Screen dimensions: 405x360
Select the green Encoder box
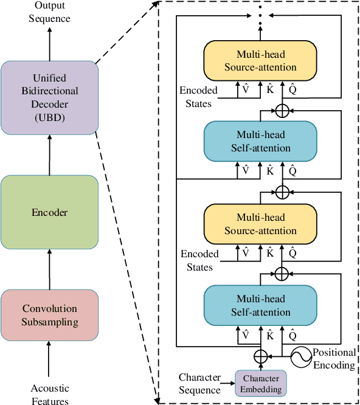49,212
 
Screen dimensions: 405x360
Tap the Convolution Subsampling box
49,316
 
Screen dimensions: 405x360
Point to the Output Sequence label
49,12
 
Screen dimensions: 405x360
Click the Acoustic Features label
49,394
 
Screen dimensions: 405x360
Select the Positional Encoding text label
334,359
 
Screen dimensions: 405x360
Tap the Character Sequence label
200,384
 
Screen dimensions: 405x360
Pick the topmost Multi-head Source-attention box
260,60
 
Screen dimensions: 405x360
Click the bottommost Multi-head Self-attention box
260,306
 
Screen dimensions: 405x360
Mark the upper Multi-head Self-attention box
260,141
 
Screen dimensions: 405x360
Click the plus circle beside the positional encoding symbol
260,355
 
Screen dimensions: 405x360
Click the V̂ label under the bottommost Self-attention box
246,334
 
